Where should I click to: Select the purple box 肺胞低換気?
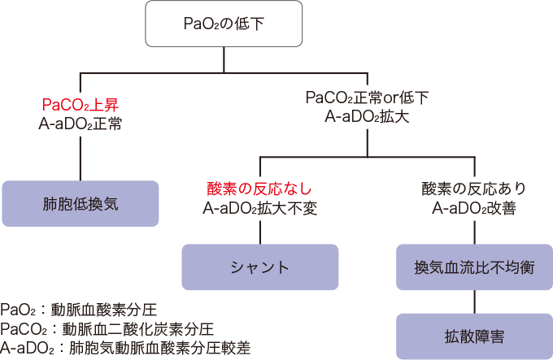[81, 203]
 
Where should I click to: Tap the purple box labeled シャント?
[259, 266]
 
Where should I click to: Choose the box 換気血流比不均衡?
[474, 266]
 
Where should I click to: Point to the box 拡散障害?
[474, 336]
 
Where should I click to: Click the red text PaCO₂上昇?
[81, 106]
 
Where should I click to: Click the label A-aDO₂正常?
[81, 124]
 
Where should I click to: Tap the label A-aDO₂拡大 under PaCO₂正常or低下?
[367, 117]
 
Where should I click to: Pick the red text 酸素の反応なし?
[259, 189]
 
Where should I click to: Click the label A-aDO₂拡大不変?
[259, 208]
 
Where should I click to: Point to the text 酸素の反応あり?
[474, 189]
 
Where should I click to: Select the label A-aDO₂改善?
[474, 208]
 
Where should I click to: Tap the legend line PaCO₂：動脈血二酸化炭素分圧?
[107, 329]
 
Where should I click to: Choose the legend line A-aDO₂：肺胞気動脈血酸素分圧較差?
[125, 348]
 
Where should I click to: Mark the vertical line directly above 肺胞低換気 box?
[81, 158]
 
